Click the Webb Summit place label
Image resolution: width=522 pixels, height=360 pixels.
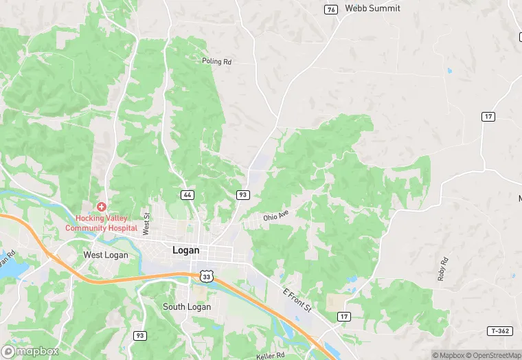coord(372,8)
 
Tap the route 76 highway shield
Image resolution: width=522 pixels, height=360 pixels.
coord(332,9)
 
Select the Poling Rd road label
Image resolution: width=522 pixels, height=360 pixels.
coord(216,61)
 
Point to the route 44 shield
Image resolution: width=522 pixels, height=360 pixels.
coord(188,195)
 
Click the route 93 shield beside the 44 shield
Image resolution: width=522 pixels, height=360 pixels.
coord(242,195)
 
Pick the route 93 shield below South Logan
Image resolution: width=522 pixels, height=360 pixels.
coord(140,335)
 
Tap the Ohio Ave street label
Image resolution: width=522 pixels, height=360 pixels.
coord(276,216)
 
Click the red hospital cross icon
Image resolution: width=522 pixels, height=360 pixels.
coord(102,207)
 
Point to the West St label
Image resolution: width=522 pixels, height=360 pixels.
coord(146,224)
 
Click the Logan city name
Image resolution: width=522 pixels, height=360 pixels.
coord(185,251)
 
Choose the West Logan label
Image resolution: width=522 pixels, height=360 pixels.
coord(103,255)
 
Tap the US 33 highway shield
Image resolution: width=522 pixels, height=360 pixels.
coord(206,275)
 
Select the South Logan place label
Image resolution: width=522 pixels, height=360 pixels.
coord(186,306)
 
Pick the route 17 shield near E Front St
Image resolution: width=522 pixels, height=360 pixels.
coord(343,316)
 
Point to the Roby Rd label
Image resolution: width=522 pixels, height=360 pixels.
coord(442,269)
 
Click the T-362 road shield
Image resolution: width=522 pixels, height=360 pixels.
coord(501,331)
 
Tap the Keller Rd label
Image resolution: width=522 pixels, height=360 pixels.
coord(271,355)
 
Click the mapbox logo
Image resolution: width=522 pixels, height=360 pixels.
coord(30,350)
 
